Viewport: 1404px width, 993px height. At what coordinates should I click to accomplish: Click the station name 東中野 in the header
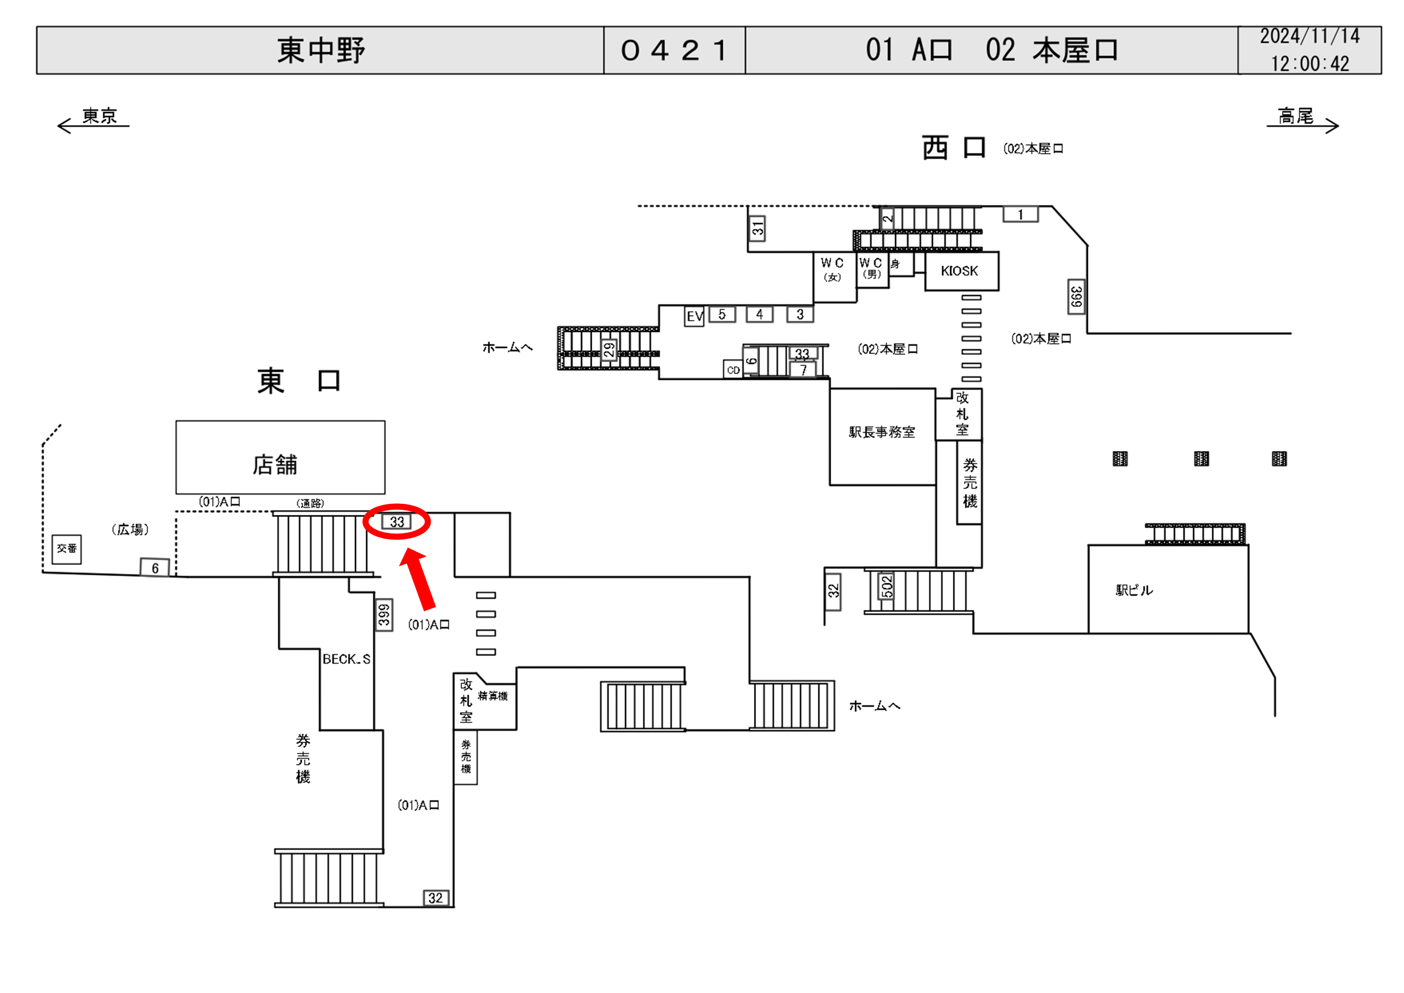[x=321, y=50]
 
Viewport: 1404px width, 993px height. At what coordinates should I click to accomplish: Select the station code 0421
[x=674, y=50]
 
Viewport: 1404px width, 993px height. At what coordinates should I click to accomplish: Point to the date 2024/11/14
[x=1309, y=37]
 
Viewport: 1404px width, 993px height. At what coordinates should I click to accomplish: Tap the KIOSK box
[x=960, y=271]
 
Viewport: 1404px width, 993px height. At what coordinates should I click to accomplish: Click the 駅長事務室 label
[x=882, y=432]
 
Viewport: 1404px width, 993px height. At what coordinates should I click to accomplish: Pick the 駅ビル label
[x=1134, y=590]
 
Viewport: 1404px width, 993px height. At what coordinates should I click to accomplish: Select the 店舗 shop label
[x=275, y=465]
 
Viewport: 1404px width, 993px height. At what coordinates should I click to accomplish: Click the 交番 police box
[x=66, y=549]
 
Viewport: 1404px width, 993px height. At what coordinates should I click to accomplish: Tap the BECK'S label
[x=346, y=659]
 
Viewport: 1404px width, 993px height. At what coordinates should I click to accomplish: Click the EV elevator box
[x=694, y=316]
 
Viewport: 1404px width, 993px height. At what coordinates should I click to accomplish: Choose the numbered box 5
[x=722, y=314]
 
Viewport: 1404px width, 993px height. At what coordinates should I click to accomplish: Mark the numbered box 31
[x=757, y=229]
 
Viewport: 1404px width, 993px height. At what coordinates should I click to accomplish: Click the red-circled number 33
[x=397, y=522]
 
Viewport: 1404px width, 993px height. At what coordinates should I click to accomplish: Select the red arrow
[x=419, y=578]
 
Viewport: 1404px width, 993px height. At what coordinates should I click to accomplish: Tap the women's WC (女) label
[x=832, y=269]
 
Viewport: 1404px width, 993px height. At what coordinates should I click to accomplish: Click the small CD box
[x=733, y=370]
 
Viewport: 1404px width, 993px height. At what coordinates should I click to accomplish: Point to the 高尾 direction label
[x=1295, y=116]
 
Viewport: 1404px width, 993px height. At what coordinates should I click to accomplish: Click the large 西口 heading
[x=954, y=148]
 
